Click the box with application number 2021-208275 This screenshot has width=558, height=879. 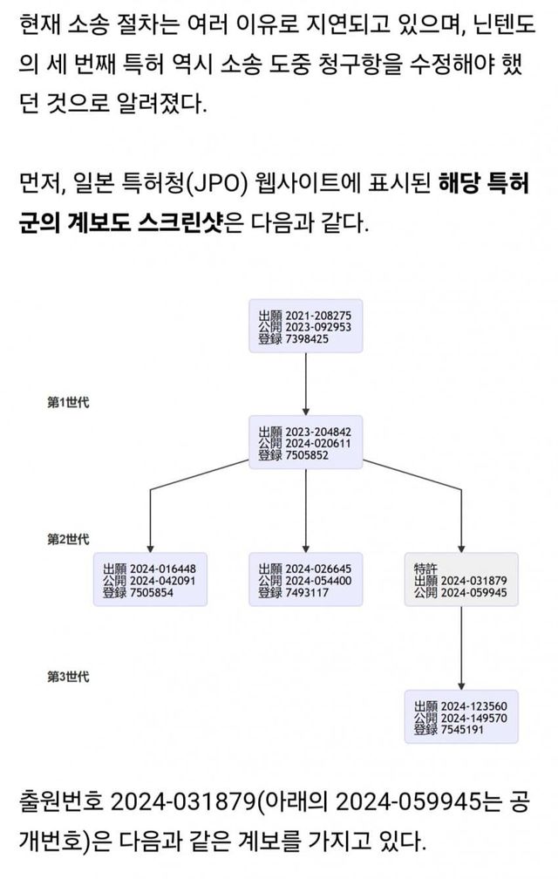[x=305, y=326]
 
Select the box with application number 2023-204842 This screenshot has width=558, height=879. [x=305, y=443]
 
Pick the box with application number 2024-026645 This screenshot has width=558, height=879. [x=305, y=580]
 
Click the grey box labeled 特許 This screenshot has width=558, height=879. [x=461, y=579]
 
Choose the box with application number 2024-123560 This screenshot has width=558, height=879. [x=461, y=717]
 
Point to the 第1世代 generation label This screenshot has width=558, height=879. [x=68, y=403]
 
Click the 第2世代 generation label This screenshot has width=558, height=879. [x=68, y=540]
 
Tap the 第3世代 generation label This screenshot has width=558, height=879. [x=68, y=677]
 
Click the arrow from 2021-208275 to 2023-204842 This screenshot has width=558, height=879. [x=305, y=384]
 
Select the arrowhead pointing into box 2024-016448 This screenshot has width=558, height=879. [x=150, y=547]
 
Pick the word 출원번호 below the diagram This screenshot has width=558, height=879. [x=59, y=800]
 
